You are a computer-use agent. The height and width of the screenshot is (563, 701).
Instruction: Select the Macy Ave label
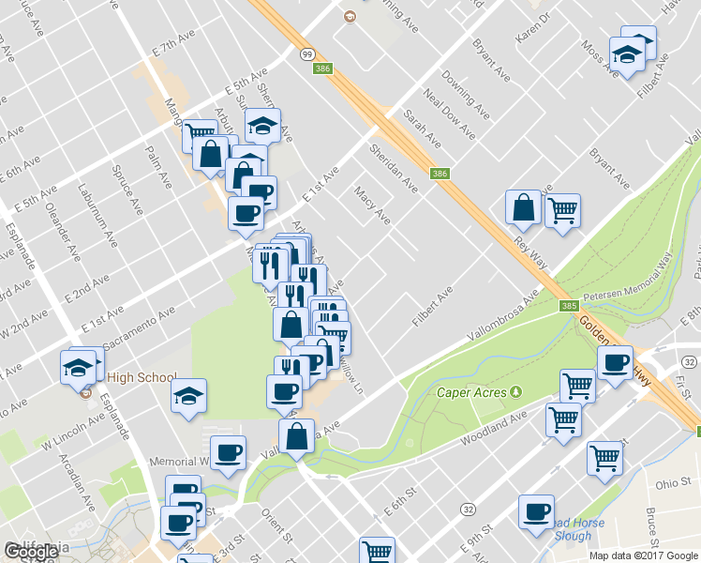pos(372,205)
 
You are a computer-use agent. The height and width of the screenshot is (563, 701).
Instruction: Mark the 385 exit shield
pos(570,306)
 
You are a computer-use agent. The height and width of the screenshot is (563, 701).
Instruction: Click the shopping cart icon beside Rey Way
pos(562,212)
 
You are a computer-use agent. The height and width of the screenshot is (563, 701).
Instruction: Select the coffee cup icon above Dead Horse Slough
pos(537,512)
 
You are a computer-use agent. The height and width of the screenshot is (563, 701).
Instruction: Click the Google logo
pos(31,553)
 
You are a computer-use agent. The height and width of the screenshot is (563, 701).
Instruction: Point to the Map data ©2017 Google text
pos(644,555)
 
